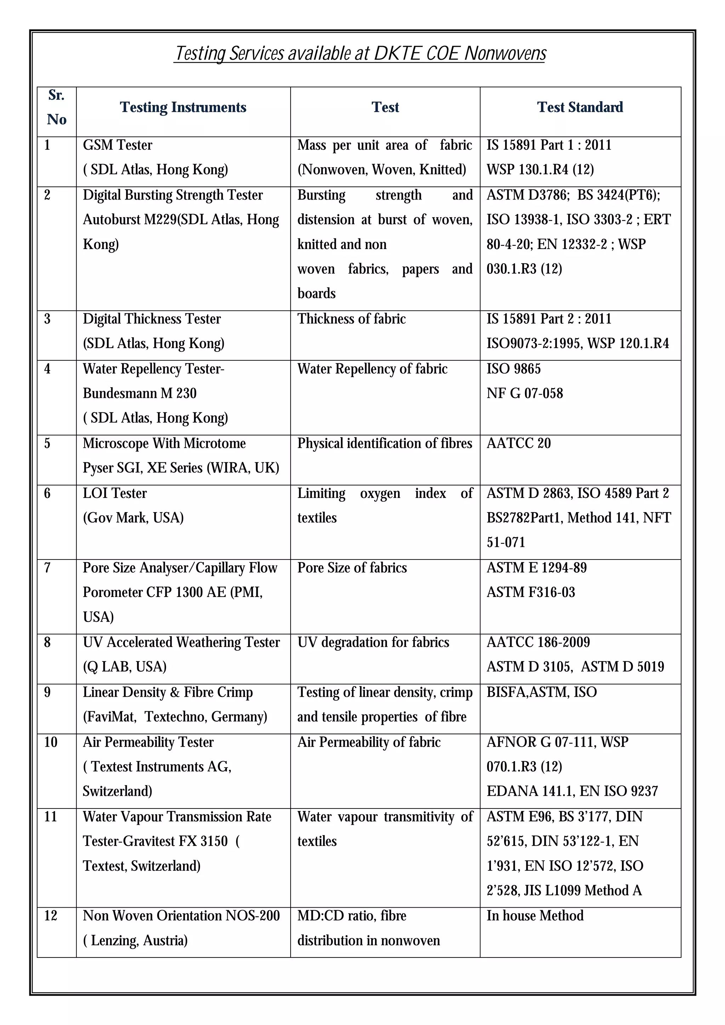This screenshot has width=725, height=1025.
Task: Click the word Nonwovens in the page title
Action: coord(505,53)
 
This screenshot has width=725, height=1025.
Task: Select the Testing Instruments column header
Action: coord(183,108)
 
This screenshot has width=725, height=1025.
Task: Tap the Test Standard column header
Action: coord(580,108)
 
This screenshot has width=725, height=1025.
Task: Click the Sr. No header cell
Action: coord(56,108)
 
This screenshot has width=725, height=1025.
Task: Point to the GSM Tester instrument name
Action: coord(118,145)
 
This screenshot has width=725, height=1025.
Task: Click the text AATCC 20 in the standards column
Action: coord(518,443)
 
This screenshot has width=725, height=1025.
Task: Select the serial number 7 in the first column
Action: coord(47,568)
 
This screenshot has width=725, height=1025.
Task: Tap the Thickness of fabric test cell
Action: coord(351,319)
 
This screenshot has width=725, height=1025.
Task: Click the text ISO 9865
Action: coord(513,369)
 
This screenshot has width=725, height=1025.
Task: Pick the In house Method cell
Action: coord(535,916)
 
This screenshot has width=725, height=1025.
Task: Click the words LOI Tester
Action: coord(115,493)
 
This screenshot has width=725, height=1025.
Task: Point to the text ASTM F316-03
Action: coord(531,592)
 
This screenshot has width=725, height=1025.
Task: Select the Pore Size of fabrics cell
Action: coord(352,568)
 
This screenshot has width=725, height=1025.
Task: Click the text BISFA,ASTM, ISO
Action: coord(541,692)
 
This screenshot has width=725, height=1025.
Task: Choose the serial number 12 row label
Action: coord(51,916)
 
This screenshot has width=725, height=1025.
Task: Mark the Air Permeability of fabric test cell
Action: coord(369,742)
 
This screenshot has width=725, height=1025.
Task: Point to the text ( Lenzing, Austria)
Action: coord(135,940)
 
